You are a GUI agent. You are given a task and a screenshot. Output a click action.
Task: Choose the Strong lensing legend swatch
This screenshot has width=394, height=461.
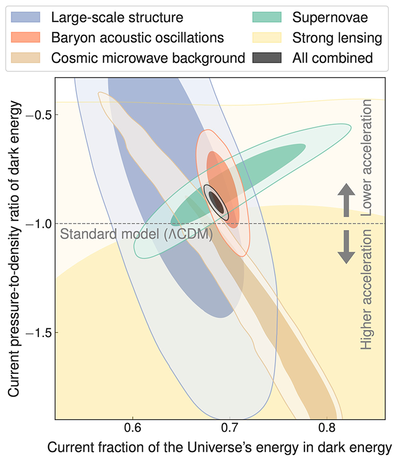267,38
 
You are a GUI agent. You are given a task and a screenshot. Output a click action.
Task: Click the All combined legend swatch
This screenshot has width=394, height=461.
267,58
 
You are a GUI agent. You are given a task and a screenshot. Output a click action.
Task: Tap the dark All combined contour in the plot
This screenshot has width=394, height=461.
217,203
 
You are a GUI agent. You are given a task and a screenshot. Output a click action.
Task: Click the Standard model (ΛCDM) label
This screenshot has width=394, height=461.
136,235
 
